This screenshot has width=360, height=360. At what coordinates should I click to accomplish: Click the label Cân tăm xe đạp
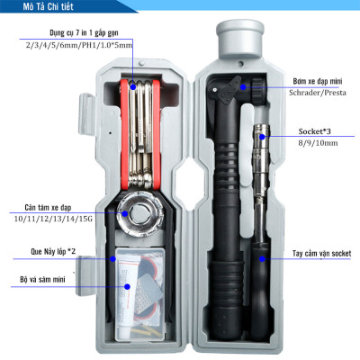click(46, 205)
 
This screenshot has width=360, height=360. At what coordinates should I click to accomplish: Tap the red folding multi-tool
click(139, 126)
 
